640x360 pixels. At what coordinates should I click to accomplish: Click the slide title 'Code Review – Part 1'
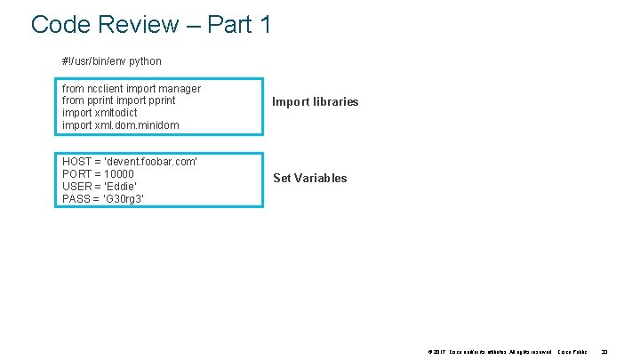click(151, 24)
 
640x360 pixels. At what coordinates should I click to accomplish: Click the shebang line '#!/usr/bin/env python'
click(111, 61)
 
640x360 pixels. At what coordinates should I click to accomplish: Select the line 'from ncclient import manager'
click(132, 89)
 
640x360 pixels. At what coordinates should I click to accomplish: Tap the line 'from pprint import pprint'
click(119, 100)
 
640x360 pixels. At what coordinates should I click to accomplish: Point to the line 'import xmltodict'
click(100, 113)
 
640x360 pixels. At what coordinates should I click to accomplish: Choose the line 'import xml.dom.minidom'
click(120, 125)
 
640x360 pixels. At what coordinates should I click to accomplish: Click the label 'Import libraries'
click(315, 102)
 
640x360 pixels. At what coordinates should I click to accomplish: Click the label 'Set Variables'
click(309, 179)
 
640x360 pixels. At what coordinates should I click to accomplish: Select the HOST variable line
click(130, 162)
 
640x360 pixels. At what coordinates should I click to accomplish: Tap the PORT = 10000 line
click(98, 174)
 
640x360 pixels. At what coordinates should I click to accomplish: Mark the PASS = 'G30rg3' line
click(103, 199)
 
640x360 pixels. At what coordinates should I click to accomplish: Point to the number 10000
click(118, 174)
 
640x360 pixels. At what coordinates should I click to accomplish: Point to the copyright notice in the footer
click(489, 352)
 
